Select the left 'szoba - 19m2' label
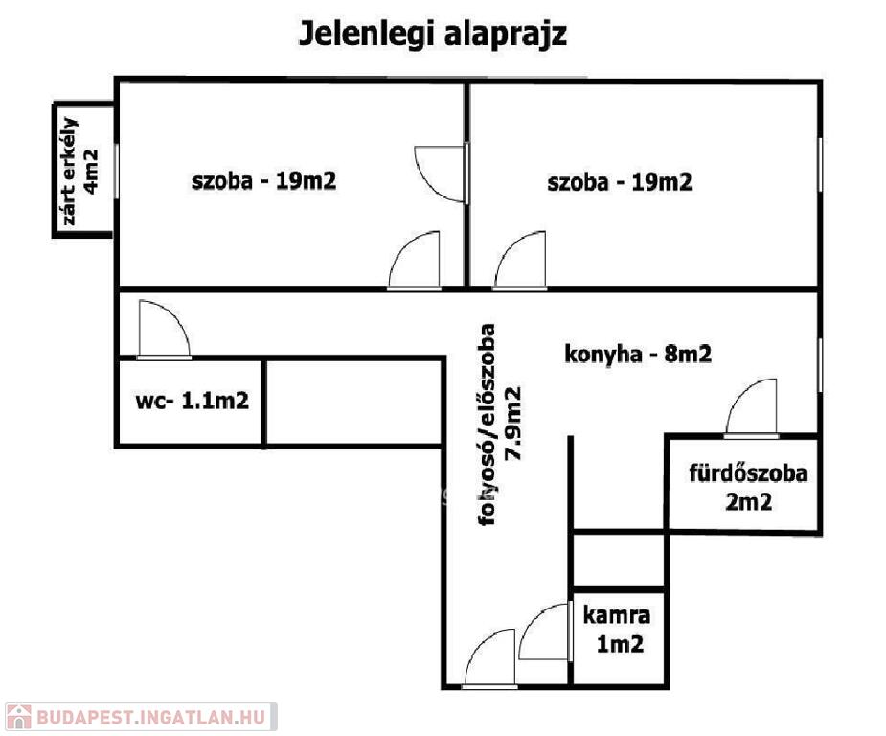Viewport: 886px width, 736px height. coord(263,181)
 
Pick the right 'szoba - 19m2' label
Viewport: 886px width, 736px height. coord(620,183)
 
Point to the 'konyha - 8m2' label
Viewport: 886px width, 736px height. coord(638,355)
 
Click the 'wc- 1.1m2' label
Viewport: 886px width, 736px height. coord(193,401)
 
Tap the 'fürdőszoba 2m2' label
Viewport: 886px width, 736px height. coord(748,487)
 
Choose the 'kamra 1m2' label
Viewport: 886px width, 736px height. coord(617,630)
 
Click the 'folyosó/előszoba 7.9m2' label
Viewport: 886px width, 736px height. coord(499,425)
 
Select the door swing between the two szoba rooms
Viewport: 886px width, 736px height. coord(442,173)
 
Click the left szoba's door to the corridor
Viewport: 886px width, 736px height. coord(414,260)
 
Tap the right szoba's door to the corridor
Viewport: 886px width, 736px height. coord(519,260)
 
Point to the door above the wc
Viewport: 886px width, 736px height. coord(164,330)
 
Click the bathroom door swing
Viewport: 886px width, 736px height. coord(751,408)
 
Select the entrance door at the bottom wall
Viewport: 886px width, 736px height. coord(489,658)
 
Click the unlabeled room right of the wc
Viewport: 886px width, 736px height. coord(354,402)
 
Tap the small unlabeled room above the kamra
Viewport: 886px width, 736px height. coord(619,560)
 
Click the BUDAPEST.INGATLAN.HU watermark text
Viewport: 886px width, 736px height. coord(151,718)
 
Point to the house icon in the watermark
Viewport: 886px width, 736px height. coord(18,718)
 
